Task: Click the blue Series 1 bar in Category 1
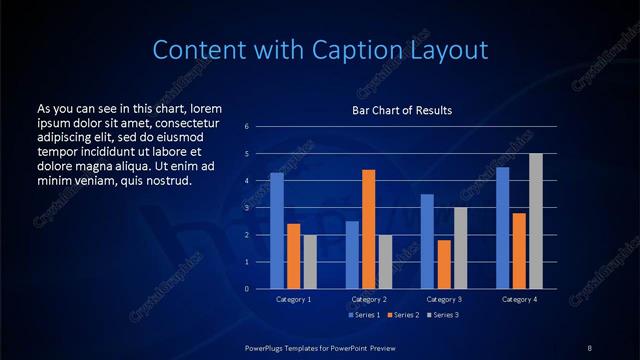(277, 231)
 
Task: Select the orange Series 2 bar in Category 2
(369, 229)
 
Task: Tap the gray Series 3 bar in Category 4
(536, 221)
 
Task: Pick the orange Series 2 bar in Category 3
(444, 264)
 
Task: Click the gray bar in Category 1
(310, 262)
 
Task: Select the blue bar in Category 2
(352, 255)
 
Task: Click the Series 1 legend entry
(364, 315)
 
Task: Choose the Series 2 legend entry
(403, 315)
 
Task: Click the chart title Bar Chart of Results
(403, 110)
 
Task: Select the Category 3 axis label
(444, 299)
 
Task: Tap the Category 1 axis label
(294, 299)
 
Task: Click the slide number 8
(590, 347)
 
